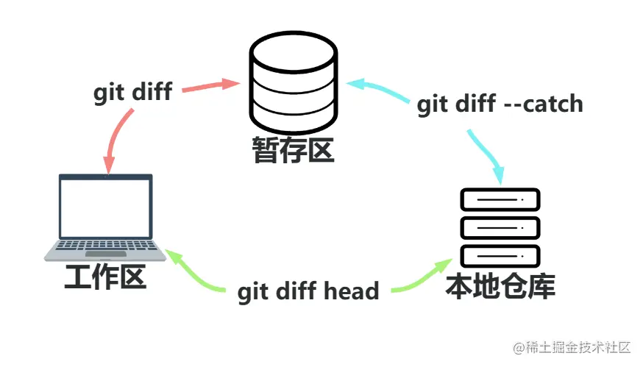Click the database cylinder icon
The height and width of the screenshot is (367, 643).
(293, 82)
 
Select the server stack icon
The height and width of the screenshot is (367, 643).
(500, 228)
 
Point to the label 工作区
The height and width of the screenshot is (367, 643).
(105, 278)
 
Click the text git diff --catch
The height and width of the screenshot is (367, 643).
(500, 104)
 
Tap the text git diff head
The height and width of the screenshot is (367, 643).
(308, 291)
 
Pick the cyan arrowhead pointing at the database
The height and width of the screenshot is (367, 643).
(354, 83)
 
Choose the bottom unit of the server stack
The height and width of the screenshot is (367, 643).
(500, 256)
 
